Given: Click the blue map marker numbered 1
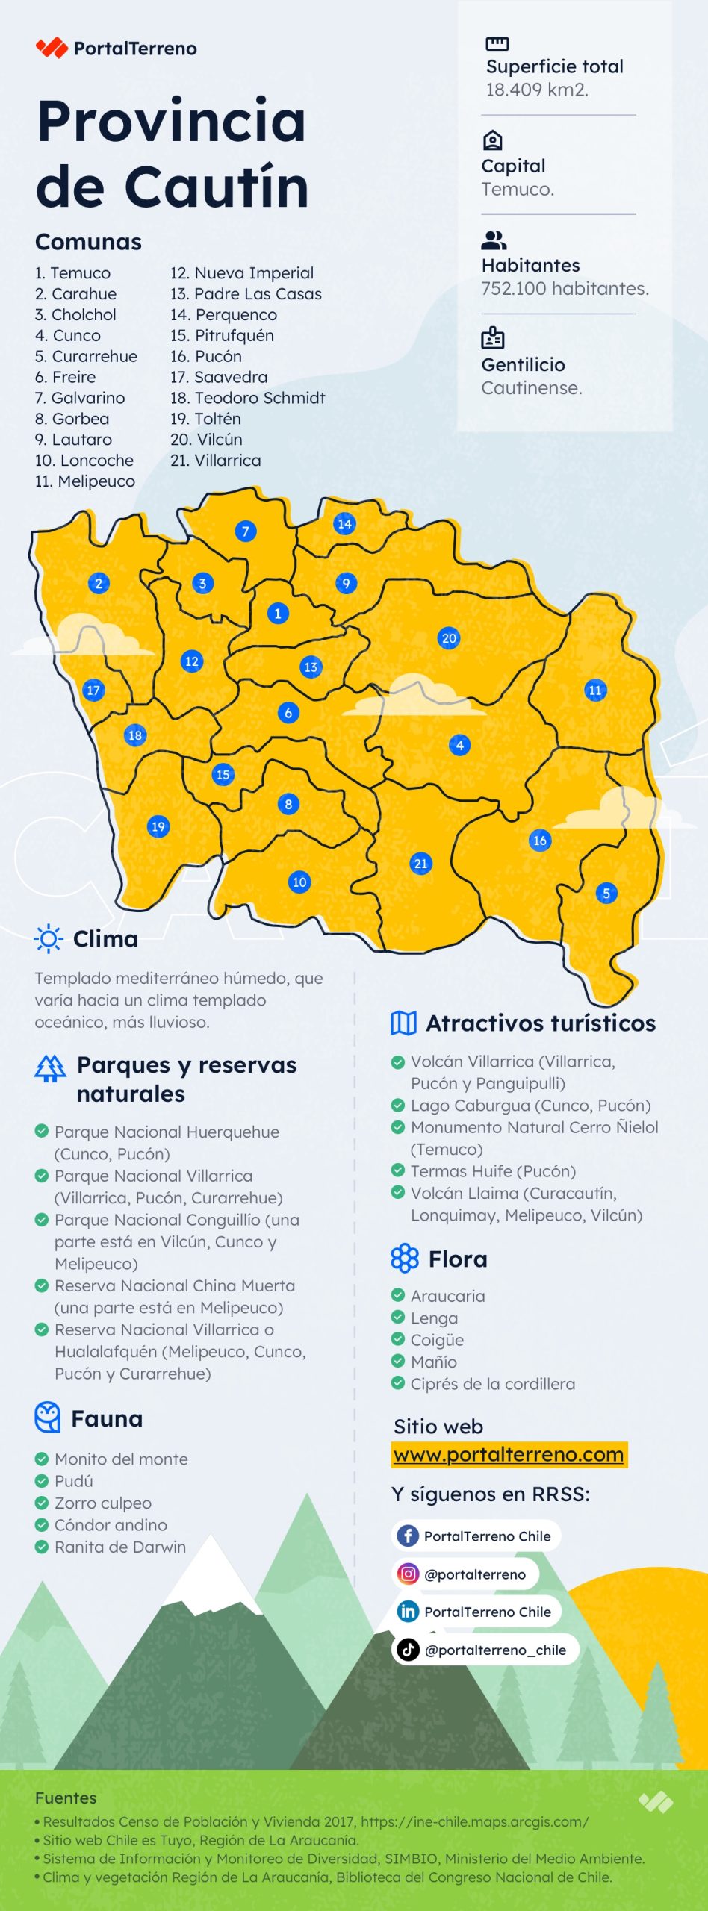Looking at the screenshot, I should pyautogui.click(x=278, y=614).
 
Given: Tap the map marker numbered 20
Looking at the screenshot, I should pyautogui.click(x=449, y=638).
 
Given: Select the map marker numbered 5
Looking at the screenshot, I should pyautogui.click(x=606, y=893).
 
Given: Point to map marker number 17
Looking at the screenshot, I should pyautogui.click(x=93, y=690).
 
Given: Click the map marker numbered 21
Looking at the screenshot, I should pyautogui.click(x=421, y=864).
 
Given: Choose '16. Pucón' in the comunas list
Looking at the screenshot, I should pyautogui.click(x=206, y=356).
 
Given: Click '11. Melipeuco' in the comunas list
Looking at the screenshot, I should pyautogui.click(x=85, y=481).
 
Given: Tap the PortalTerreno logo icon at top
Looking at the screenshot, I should pyautogui.click(x=52, y=49).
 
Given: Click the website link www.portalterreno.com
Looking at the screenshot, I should pyautogui.click(x=509, y=1454).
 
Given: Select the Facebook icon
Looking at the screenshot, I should pyautogui.click(x=408, y=1536).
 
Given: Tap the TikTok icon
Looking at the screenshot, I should pyautogui.click(x=408, y=1650).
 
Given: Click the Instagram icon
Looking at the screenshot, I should pyautogui.click(x=408, y=1574).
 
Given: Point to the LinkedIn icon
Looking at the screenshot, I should pyautogui.click(x=408, y=1612).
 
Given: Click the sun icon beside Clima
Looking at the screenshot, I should pyautogui.click(x=49, y=938).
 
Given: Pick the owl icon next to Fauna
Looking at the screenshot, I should pyautogui.click(x=48, y=1418).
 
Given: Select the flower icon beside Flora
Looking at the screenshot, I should pyautogui.click(x=405, y=1259).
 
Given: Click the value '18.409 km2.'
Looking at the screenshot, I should pyautogui.click(x=537, y=90).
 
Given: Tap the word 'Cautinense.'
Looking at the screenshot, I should pyautogui.click(x=532, y=388).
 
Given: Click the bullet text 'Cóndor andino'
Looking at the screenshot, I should pyautogui.click(x=111, y=1525).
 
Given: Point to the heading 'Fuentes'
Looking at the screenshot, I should pyautogui.click(x=66, y=1798).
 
